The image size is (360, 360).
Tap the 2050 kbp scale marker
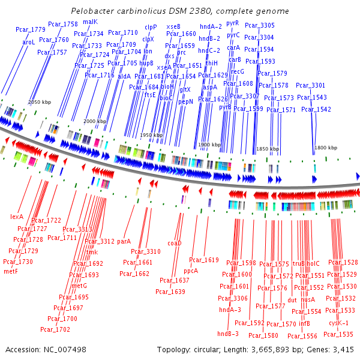(x=40, y=102)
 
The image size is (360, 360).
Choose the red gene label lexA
(x=16, y=217)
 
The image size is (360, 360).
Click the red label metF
(x=11, y=271)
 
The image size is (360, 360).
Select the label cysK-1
(x=338, y=323)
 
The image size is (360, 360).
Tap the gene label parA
(x=124, y=241)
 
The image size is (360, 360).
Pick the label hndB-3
(x=228, y=334)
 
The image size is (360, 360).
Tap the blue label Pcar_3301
(x=310, y=85)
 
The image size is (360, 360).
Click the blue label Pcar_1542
(x=316, y=109)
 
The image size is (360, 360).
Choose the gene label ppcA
(x=191, y=271)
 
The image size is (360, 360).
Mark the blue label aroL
(x=29, y=43)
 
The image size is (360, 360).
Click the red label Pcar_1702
(x=51, y=329)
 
